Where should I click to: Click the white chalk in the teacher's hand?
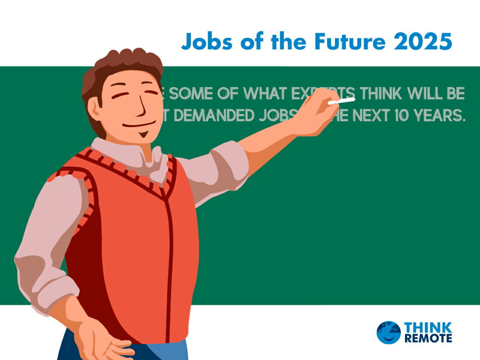coord(341,101)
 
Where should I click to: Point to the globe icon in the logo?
coord(388,332)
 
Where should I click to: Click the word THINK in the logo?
coord(428,327)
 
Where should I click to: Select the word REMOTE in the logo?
coord(428,338)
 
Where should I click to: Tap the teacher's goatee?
coord(143,134)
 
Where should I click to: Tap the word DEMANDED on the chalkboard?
coord(214,115)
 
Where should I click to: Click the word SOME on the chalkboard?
coord(191,93)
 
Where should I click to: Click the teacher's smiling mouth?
coord(139,124)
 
